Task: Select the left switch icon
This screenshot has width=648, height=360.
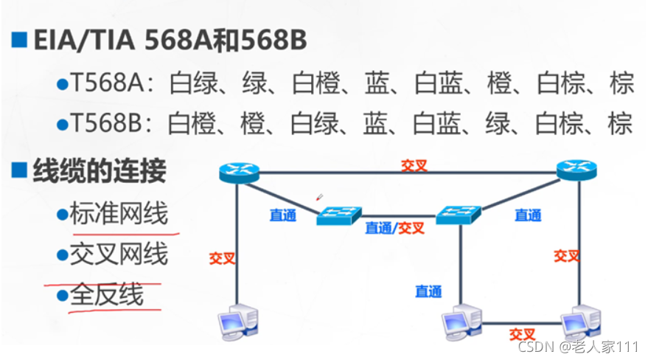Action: [339, 215]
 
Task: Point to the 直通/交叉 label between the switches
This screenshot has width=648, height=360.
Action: [395, 228]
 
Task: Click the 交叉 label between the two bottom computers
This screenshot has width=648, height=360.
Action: [521, 334]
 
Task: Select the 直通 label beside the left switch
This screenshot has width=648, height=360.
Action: [283, 215]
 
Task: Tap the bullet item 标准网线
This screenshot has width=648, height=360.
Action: [119, 215]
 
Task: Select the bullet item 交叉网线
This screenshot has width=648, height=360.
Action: [119, 255]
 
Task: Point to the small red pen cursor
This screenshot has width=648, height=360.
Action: [319, 197]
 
